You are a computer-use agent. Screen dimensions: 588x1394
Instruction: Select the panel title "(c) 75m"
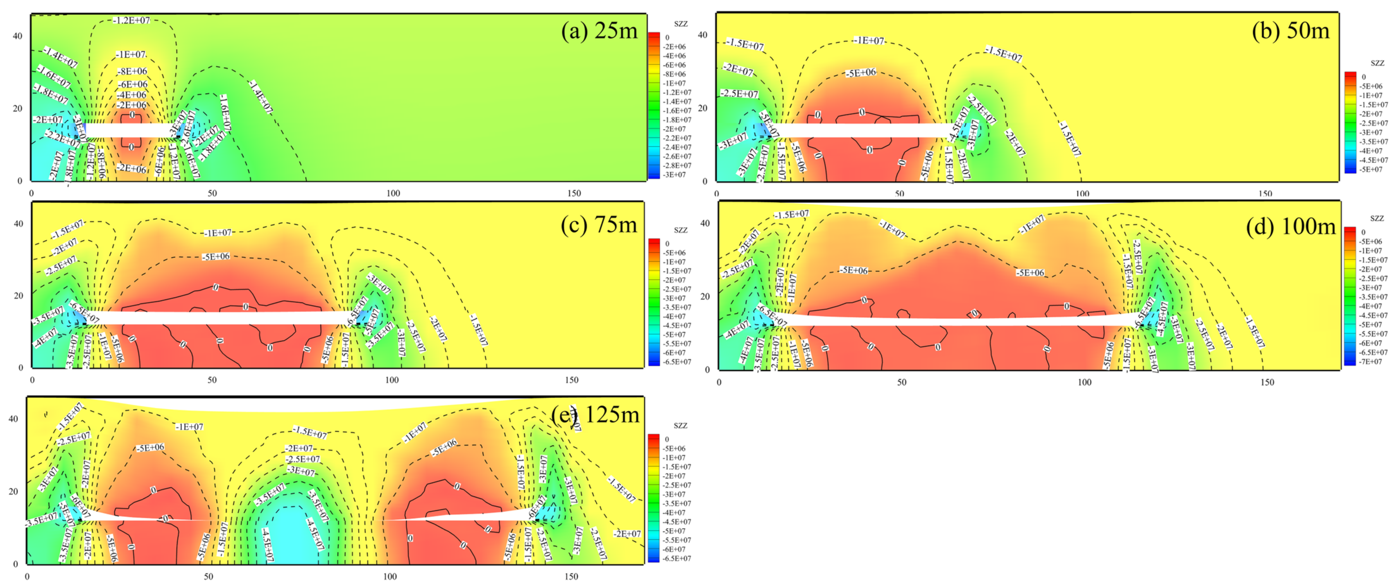[599, 224]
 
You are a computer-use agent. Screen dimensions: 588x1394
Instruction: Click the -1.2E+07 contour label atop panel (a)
[132, 21]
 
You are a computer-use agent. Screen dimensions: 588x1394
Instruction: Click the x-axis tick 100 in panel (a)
[393, 193]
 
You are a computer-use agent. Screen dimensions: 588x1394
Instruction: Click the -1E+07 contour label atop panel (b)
[868, 41]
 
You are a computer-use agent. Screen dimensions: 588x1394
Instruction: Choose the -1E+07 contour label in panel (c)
[218, 233]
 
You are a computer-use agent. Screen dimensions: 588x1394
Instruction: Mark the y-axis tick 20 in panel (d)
[705, 296]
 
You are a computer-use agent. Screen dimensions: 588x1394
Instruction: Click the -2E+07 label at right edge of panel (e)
[627, 534]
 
